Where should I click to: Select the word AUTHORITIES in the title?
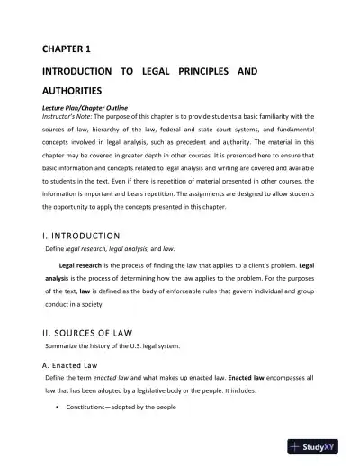point(77,91)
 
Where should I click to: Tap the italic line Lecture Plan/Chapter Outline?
point(89,107)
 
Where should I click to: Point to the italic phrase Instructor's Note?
point(71,116)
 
